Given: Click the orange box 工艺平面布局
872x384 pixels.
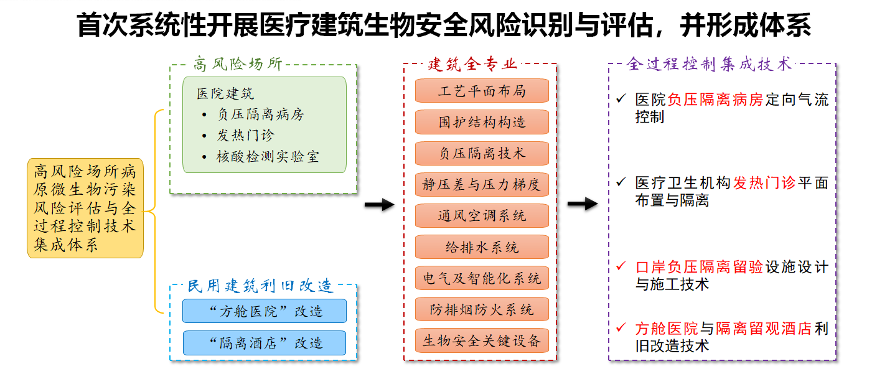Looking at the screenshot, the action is [482, 91].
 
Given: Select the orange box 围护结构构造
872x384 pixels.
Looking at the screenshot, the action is [482, 122].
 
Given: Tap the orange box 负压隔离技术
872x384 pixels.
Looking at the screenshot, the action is [482, 153].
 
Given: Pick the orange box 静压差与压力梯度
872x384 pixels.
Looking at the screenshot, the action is [482, 184].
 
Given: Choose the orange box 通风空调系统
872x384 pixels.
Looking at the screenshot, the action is [482, 215].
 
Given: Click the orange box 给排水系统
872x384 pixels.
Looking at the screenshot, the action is [482, 247].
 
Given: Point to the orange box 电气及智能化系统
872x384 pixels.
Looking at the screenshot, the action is [482, 278].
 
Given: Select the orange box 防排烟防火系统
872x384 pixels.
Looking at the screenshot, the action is [482, 309].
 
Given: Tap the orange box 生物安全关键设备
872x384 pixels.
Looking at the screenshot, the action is [482, 340].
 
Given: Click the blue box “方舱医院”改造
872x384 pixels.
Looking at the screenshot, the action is [265, 311].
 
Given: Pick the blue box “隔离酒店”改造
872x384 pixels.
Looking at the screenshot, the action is [265, 343].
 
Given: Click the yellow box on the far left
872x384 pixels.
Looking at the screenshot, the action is [85, 208].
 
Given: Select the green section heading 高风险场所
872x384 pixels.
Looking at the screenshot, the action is [238, 64].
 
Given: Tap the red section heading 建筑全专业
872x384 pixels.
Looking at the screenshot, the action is [472, 64].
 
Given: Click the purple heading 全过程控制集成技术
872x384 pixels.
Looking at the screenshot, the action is [709, 64].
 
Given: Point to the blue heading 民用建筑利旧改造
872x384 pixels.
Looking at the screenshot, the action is [260, 286].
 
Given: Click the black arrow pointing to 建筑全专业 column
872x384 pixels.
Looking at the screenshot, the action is [380, 205].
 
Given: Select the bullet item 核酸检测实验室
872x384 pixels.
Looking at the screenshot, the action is [268, 157].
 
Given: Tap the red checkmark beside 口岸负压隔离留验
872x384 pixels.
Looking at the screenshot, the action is [621, 266].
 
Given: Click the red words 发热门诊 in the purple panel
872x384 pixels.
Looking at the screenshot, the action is [764, 182].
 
